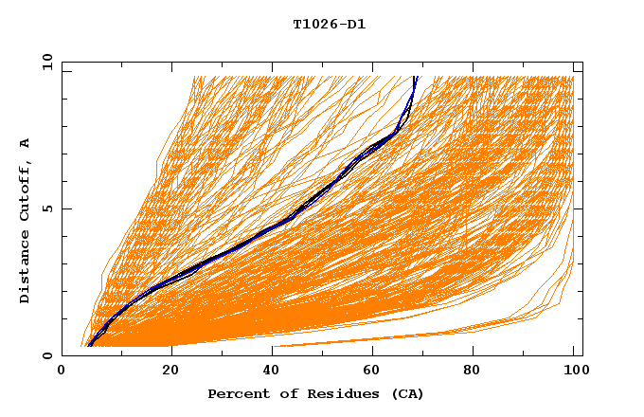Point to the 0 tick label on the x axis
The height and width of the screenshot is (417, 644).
[62, 371]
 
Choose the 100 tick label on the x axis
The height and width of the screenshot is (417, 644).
[574, 371]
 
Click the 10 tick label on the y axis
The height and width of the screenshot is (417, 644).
[46, 62]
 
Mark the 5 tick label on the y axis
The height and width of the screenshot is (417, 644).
[46, 208]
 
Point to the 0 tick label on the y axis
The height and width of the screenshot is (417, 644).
[46, 355]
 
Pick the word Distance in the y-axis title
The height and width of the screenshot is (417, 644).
[26, 268]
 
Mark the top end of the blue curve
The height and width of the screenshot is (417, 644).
[415, 76]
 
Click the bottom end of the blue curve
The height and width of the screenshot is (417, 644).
[88, 346]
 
